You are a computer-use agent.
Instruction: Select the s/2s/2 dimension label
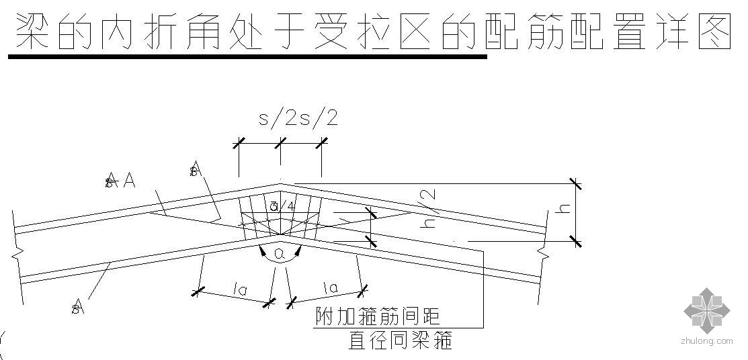pyautogui.click(x=298, y=119)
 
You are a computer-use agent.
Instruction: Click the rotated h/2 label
pyautogui.click(x=427, y=208)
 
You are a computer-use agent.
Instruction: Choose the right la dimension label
pyautogui.click(x=330, y=289)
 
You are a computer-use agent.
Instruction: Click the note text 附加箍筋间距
pyautogui.click(x=378, y=316)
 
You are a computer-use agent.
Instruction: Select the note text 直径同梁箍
pyautogui.click(x=400, y=341)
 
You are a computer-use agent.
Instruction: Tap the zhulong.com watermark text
pyautogui.click(x=707, y=341)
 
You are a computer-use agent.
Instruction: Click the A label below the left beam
pyautogui.click(x=79, y=308)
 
